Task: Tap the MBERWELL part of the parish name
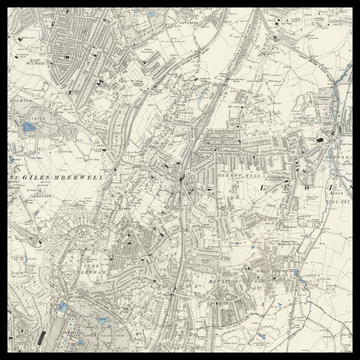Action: (x=78, y=176)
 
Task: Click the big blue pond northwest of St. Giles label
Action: (x=28, y=128)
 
